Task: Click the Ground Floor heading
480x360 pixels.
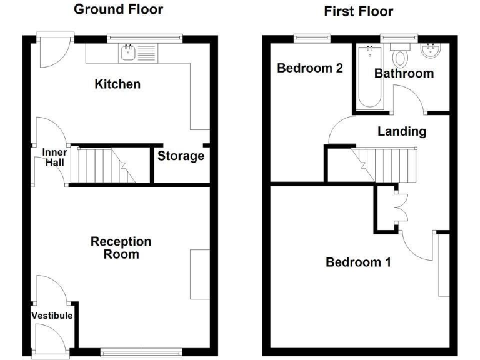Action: (118, 9)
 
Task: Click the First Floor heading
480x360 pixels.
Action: (358, 11)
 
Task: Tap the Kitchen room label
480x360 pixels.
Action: (117, 84)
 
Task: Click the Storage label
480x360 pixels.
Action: (181, 156)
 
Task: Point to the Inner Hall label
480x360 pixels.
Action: (54, 157)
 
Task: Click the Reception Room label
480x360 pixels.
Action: (121, 248)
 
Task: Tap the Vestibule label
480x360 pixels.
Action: (52, 316)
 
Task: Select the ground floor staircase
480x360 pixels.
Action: (102, 165)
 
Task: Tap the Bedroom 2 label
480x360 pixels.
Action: (310, 68)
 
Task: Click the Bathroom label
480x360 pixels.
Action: (404, 73)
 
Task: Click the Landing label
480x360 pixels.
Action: (402, 131)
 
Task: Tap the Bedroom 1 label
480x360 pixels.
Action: (358, 262)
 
